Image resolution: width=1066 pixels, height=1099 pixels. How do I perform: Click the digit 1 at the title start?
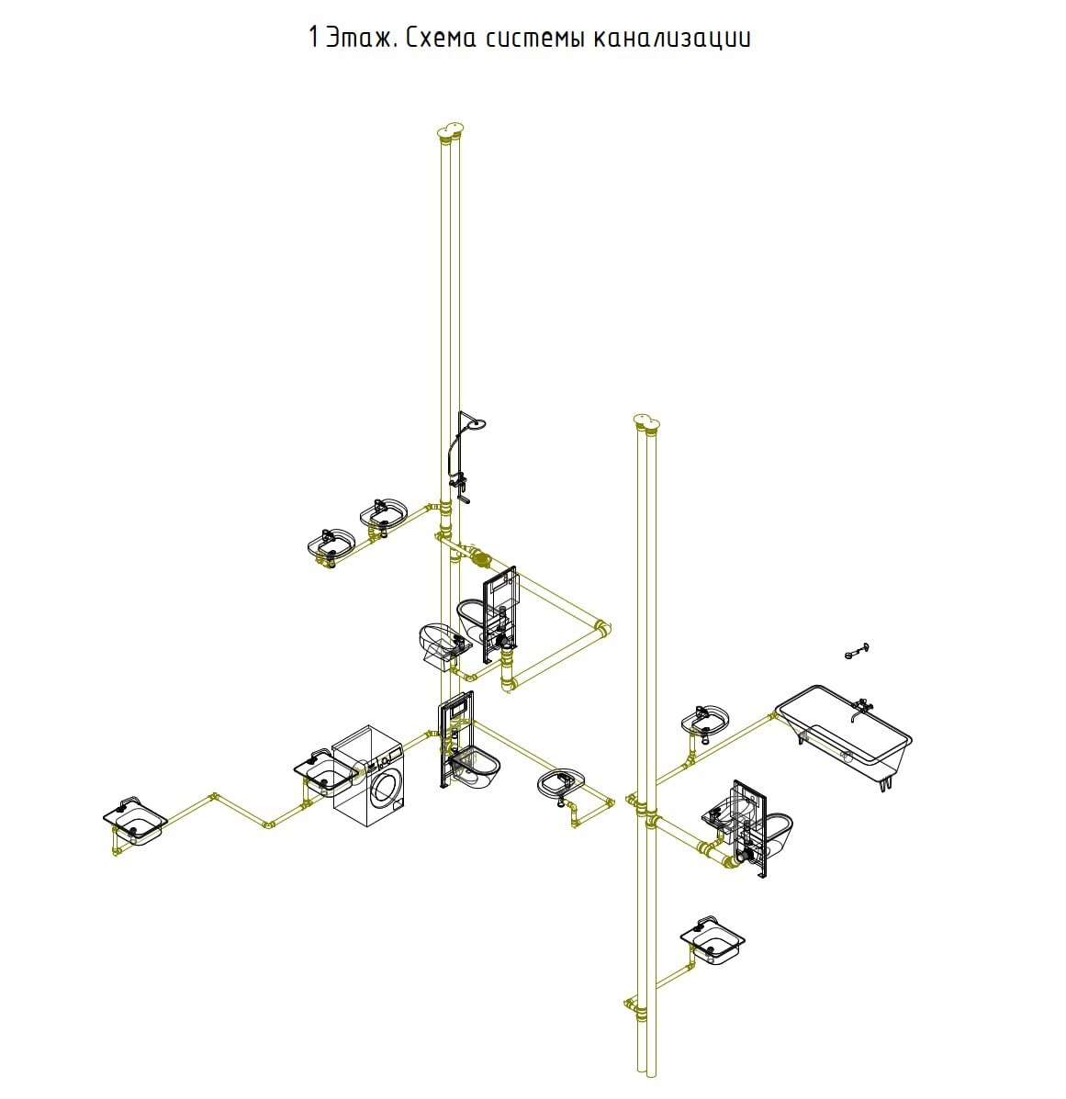313,37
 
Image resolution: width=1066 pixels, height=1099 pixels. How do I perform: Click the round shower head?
477,424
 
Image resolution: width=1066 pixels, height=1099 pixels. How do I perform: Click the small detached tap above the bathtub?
857,651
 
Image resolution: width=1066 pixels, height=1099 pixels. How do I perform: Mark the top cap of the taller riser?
450,129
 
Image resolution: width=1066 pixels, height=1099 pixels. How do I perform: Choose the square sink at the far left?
135,821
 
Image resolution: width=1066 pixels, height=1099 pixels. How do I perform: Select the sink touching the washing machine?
324,769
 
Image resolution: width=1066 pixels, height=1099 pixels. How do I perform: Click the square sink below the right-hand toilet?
713,939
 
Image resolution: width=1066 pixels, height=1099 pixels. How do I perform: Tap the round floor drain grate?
481,558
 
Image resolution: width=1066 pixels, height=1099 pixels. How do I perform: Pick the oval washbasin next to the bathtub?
705,722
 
